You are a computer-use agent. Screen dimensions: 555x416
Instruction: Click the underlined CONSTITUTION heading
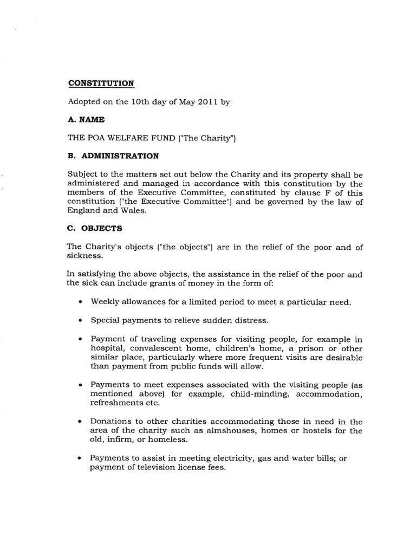(101, 83)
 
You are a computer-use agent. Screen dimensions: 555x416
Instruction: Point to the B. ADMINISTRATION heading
(113, 156)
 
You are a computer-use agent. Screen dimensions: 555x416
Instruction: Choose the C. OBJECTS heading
(94, 228)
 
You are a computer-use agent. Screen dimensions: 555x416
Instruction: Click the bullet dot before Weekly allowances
(80, 301)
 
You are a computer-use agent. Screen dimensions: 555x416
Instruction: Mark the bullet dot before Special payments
(80, 320)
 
